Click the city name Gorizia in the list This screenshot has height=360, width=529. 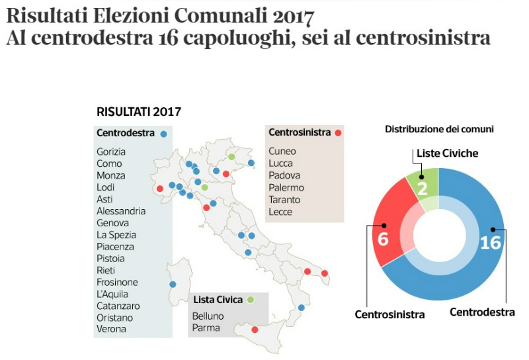click(111, 152)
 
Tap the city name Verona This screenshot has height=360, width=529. click(111, 329)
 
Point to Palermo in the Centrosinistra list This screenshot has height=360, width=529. click(285, 187)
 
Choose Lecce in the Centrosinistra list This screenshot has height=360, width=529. click(280, 212)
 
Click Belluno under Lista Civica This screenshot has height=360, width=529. click(208, 316)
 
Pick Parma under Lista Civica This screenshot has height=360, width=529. click(206, 328)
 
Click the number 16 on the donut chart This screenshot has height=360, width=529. click(490, 243)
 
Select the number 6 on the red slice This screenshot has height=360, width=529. click(383, 238)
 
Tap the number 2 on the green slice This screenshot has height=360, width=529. click(422, 188)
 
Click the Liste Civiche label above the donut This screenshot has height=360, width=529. click(447, 154)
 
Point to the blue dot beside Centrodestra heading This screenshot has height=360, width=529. click(163, 133)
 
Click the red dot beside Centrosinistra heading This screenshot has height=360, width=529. click(338, 132)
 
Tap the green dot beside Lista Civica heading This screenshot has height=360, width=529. click(251, 300)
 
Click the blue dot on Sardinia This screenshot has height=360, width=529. click(173, 285)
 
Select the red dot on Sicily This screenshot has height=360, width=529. click(255, 330)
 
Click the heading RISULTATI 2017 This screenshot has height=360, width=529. click(139, 111)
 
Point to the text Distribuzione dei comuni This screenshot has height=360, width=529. click(440, 129)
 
